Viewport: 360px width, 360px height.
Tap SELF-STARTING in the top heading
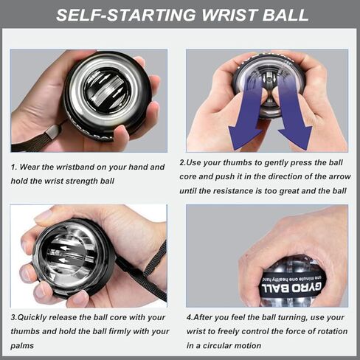click(x=126, y=14)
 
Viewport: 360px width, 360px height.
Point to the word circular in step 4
click(x=255, y=344)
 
